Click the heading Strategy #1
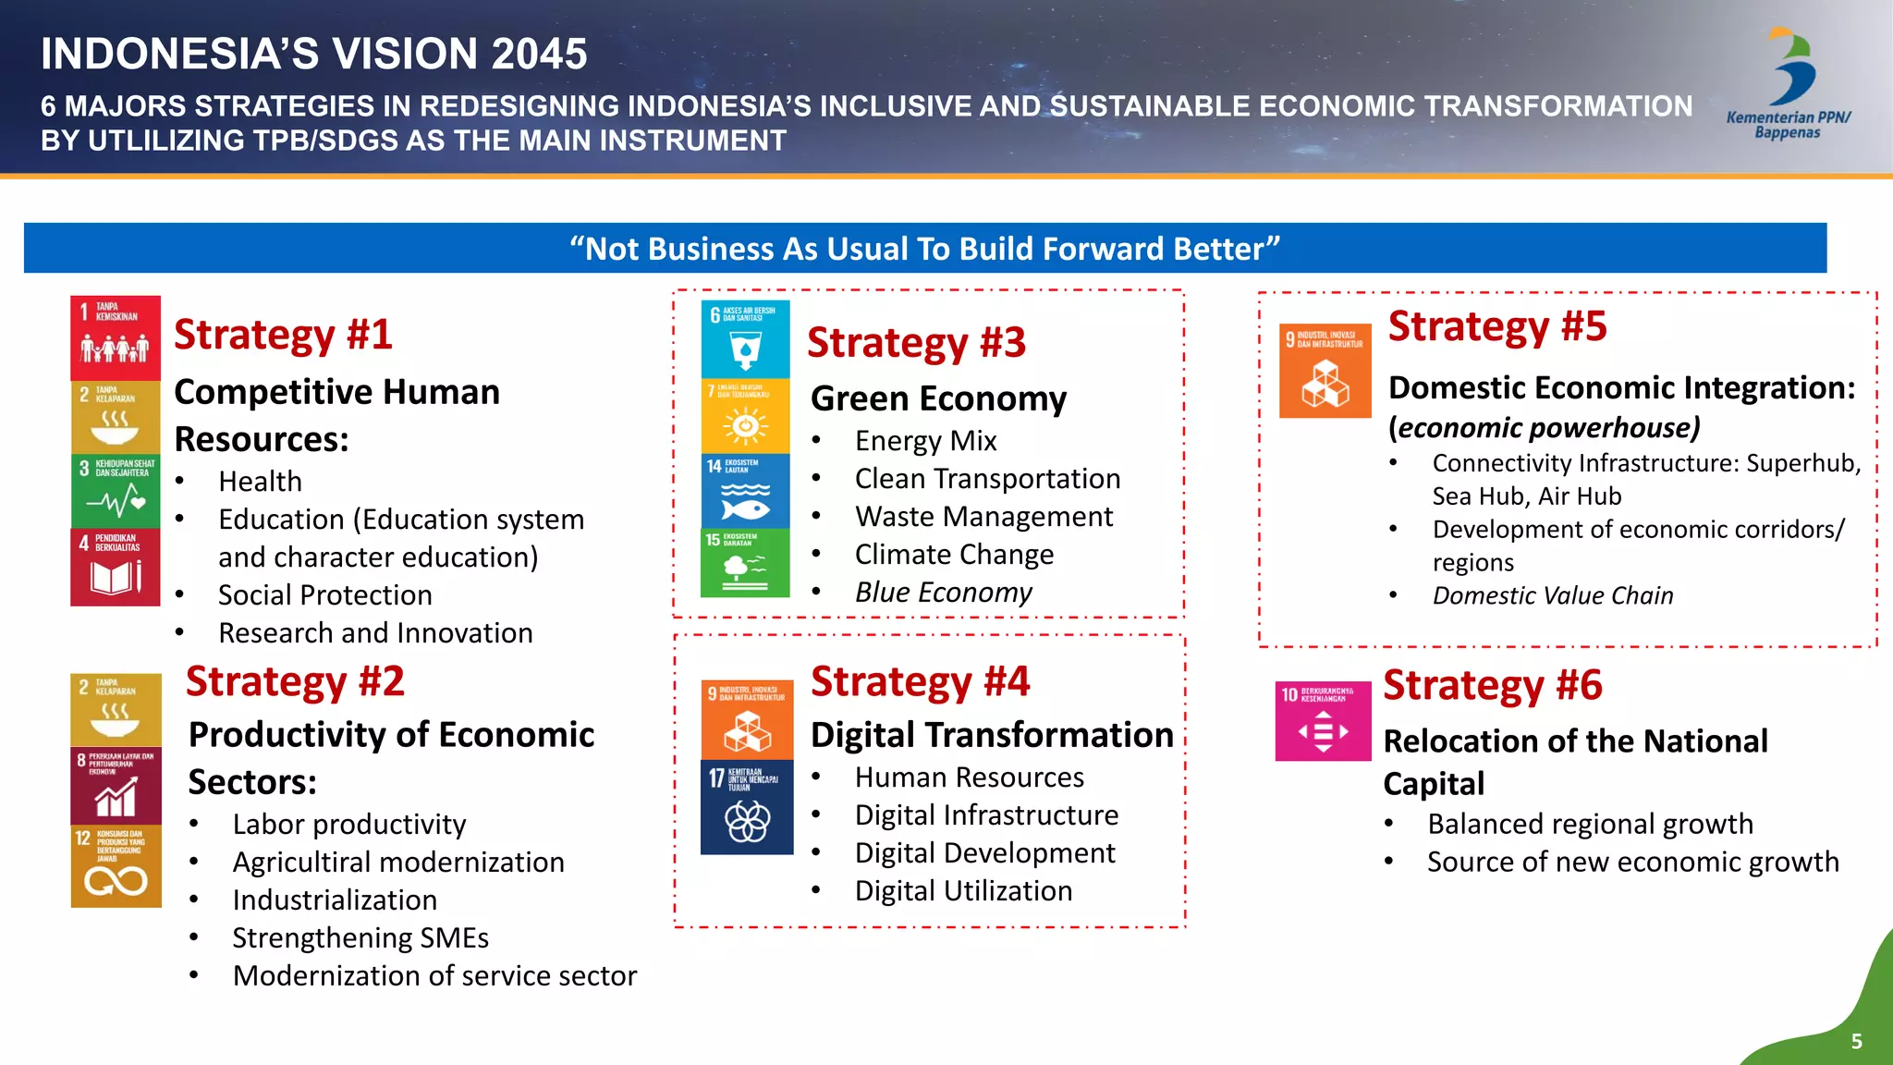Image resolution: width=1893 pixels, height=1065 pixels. pos(283,335)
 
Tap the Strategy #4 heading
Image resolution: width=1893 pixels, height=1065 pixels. pos(920,682)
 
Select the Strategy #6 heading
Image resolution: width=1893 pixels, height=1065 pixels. pos(1492,686)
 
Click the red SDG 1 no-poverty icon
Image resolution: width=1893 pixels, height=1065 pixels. pos(116,337)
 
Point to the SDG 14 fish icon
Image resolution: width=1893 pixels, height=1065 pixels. pos(745,491)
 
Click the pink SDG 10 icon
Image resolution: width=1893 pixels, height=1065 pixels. pos(1323,722)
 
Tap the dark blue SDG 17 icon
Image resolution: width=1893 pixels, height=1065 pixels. pos(747,807)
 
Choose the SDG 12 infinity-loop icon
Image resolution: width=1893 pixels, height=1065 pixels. pos(116,867)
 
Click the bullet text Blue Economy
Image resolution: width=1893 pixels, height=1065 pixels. pos(943,593)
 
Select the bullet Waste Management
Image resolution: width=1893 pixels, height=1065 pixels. pos(983,517)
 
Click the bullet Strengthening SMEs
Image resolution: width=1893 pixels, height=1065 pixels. pos(360,938)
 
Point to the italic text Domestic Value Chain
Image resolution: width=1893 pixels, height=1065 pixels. pos(1553,596)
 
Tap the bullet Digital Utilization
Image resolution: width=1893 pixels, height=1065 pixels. pos(963,891)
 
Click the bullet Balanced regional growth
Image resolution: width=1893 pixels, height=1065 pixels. pos(1590,824)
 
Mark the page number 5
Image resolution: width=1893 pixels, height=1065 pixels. pos(1856,1042)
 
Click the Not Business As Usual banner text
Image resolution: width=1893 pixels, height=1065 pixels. pos(924,249)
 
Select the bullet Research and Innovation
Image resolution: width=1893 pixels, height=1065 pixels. pos(375,633)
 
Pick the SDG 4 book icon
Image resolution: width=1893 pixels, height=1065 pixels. pos(116,568)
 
